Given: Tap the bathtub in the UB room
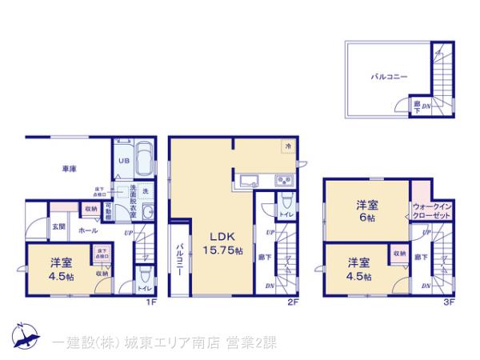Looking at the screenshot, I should click(x=144, y=158).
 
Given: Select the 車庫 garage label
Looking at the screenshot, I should click(x=69, y=169).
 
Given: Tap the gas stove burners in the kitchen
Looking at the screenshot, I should click(x=284, y=178).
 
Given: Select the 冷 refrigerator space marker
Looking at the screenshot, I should click(x=286, y=146).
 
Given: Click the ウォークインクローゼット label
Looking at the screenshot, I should click(x=433, y=211).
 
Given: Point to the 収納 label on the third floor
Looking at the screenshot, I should click(x=398, y=254).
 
